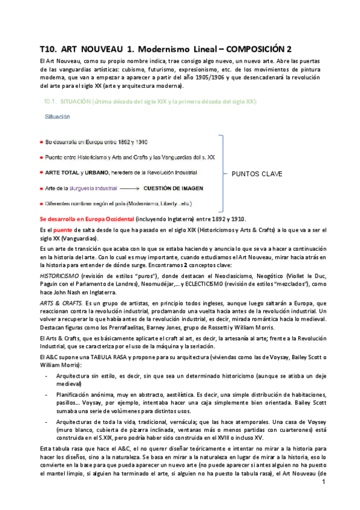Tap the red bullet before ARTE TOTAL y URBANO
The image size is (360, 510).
click(x=41, y=172)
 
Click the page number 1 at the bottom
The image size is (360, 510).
click(x=323, y=499)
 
